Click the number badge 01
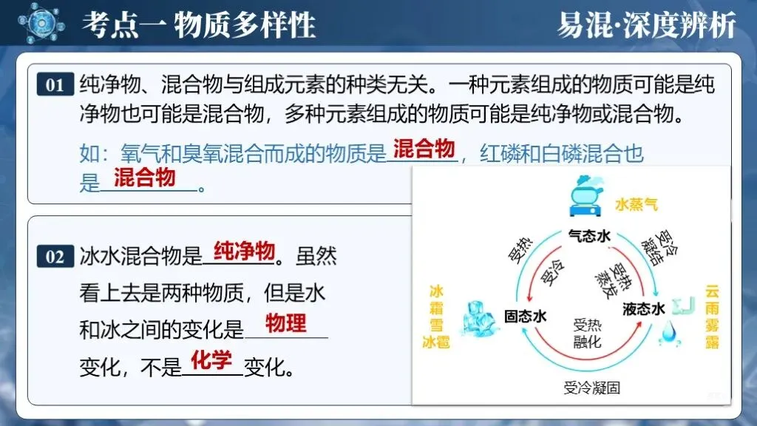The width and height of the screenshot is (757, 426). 55,84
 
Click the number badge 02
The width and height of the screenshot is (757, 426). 55,257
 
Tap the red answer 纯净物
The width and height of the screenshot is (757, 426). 244,251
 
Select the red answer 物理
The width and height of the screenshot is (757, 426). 286,322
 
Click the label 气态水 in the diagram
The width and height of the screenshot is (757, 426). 588,236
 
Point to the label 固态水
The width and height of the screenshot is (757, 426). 525,316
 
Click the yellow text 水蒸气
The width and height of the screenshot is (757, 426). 636,202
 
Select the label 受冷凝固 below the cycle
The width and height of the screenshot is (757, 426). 591,388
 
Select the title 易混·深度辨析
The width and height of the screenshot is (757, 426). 647,25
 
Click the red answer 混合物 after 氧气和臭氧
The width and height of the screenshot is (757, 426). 424,149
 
